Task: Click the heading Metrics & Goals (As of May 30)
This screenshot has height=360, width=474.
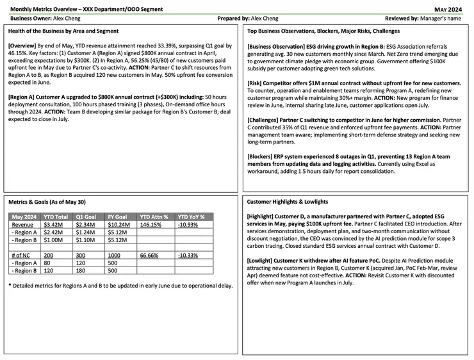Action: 47,202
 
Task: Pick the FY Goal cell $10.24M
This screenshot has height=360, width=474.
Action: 117,225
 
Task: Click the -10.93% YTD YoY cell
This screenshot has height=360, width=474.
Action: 190,225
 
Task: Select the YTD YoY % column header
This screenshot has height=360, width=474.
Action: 190,217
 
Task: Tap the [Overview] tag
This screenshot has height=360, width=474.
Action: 25,45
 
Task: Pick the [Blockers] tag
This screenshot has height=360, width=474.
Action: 263,149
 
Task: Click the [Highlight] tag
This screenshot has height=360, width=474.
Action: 264,217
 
